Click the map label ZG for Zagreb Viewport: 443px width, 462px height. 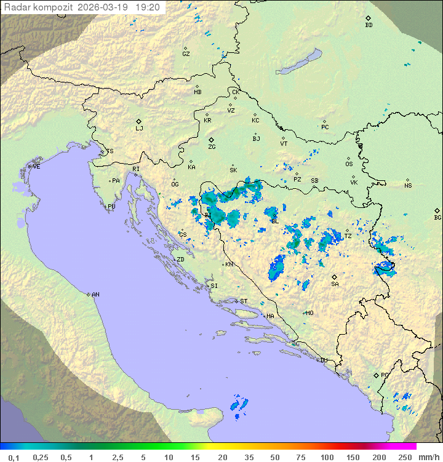(212, 147)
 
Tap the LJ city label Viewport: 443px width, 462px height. (139, 129)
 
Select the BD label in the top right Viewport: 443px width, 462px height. (369, 25)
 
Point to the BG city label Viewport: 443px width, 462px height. (437, 217)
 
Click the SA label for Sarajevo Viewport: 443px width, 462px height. (335, 284)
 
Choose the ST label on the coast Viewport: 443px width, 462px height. (244, 301)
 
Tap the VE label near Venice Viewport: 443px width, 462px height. (36, 167)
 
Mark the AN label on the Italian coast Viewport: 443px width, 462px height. (95, 295)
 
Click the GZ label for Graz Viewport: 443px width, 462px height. (186, 54)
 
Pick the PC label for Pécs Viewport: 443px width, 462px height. (325, 127)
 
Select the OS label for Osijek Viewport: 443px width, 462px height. (349, 164)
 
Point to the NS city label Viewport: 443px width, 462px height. (408, 186)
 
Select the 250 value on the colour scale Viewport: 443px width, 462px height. (404, 457)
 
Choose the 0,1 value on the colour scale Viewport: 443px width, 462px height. (14, 457)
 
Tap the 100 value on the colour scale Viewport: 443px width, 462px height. (326, 457)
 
